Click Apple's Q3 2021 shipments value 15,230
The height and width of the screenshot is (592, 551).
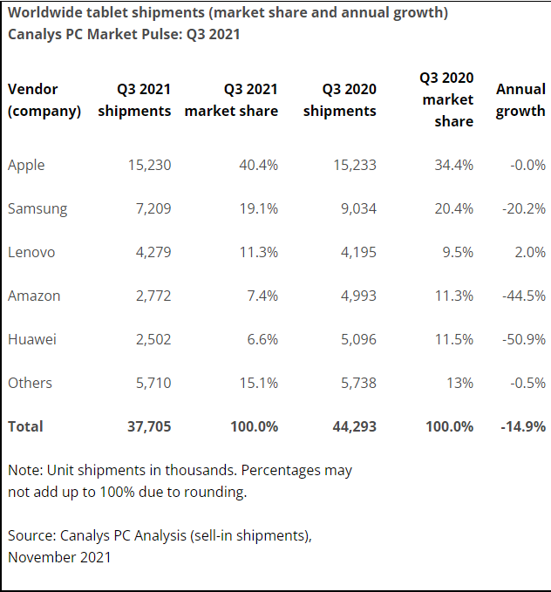tap(148, 165)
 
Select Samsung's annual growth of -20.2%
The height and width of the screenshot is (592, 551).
tap(523, 208)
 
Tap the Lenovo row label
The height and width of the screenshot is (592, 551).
tap(31, 252)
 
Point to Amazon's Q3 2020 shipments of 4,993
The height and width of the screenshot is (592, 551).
tap(355, 296)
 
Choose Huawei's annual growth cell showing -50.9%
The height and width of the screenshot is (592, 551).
tap(523, 339)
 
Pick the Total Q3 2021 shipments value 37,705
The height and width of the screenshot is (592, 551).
tap(147, 426)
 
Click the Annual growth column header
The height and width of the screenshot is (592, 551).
tap(520, 100)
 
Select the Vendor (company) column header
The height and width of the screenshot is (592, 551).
tap(44, 100)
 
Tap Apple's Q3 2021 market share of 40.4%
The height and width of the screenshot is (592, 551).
tap(257, 165)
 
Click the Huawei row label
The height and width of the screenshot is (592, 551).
tap(32, 339)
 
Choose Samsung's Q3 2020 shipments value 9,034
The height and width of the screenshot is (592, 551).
tap(355, 208)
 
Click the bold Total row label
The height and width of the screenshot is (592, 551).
tap(25, 426)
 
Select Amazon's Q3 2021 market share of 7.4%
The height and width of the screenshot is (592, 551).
tap(262, 296)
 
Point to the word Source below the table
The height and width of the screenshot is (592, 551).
tap(31, 535)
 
